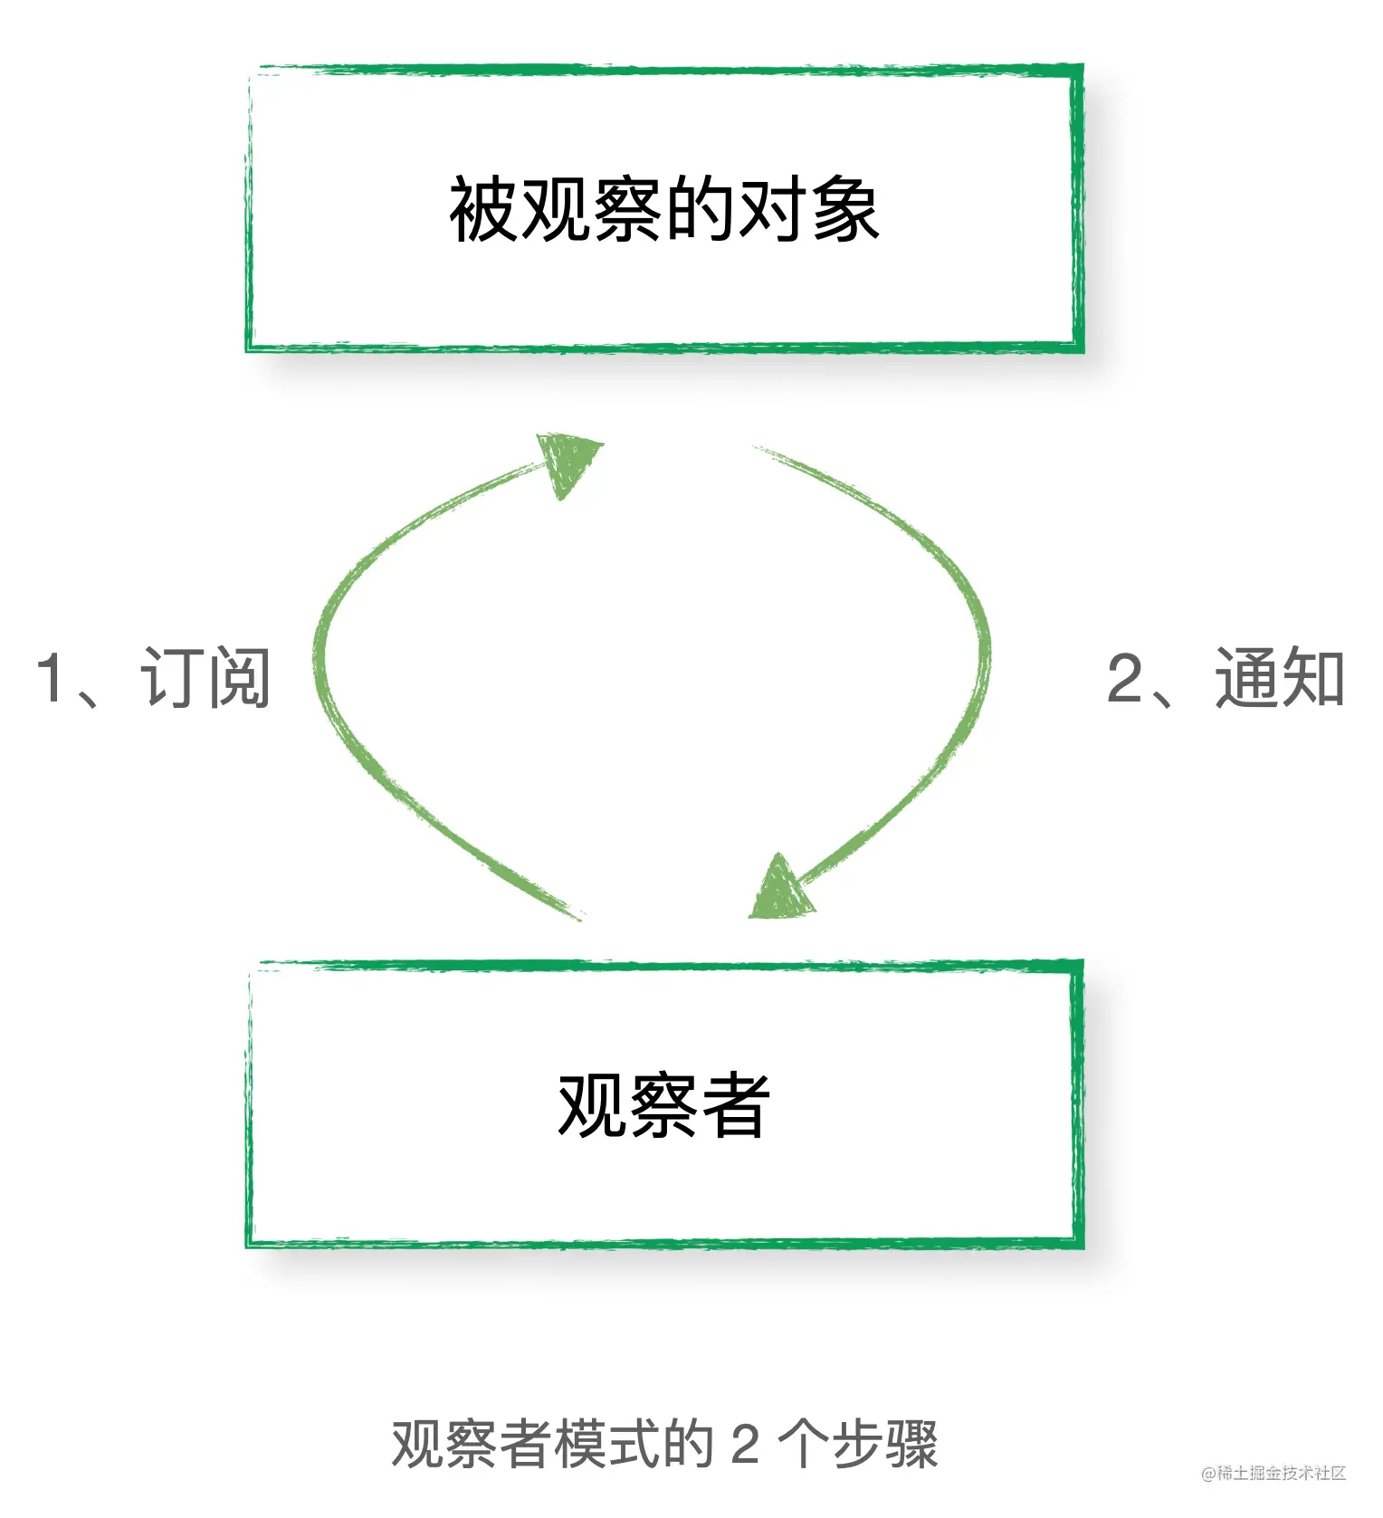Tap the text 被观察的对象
pos(664,210)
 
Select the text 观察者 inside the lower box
pos(663,1105)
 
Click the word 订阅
pos(205,678)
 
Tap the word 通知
pos(1279,678)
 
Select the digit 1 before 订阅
pos(50,678)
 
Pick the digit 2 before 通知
pos(1125,678)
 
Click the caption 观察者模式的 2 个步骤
pos(664,1443)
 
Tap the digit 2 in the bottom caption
pos(744,1444)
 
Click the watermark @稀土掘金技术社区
pos(1273,1473)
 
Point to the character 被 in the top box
pos(484,210)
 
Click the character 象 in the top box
pos(845,210)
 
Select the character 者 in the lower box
pos(735,1105)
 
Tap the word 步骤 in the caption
pos(884,1443)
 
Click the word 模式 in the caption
pos(607,1443)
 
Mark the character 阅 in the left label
pos(239,678)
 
